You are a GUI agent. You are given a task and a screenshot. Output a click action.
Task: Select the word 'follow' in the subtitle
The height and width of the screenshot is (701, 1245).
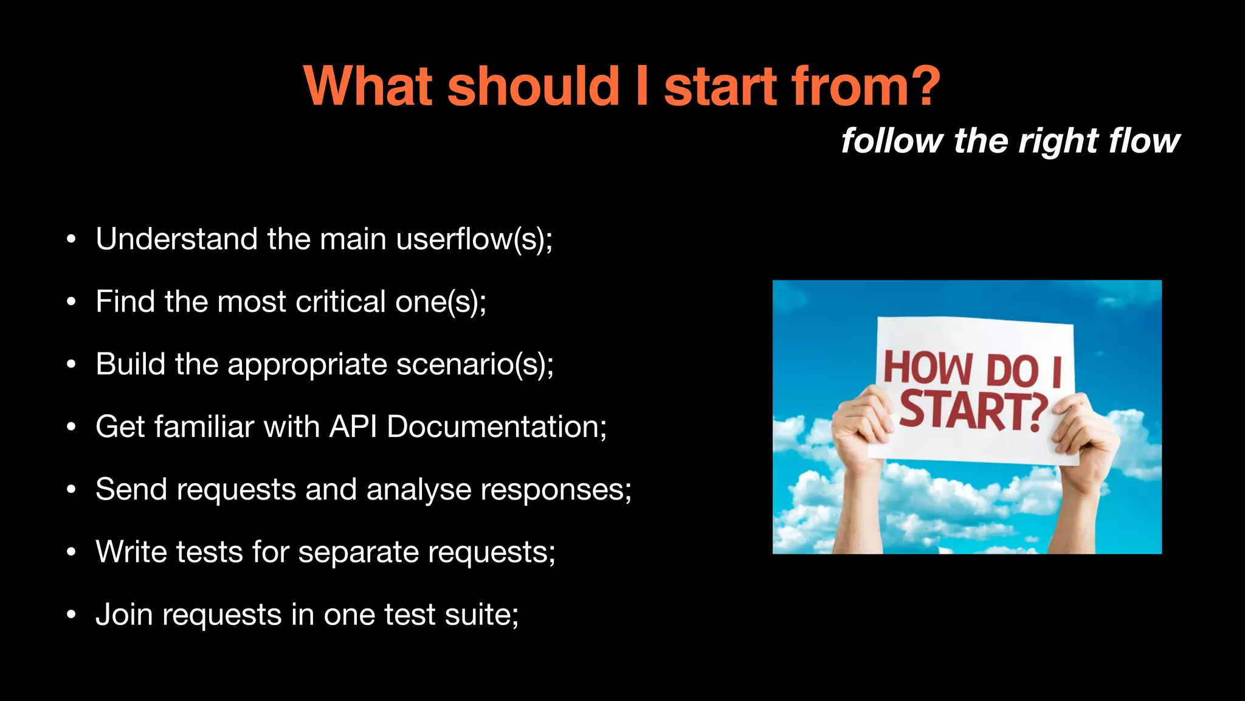click(x=892, y=141)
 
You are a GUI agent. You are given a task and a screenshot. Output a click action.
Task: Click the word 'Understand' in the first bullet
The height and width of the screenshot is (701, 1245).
click(x=176, y=239)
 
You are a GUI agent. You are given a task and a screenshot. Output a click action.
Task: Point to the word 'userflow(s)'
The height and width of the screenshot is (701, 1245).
click(x=473, y=239)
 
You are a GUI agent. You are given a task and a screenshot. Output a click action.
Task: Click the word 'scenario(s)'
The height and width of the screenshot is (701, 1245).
click(x=474, y=364)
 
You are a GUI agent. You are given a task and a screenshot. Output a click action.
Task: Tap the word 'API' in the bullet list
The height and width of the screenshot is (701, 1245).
click(x=353, y=427)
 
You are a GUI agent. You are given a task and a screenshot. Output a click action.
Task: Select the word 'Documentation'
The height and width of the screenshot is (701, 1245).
click(x=494, y=427)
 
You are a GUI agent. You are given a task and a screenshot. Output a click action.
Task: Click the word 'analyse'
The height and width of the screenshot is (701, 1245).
click(x=418, y=489)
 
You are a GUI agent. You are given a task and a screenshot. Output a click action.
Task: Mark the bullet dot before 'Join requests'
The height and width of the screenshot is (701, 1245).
click(x=71, y=615)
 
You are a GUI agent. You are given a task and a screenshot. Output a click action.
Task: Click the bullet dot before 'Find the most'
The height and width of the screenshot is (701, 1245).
click(x=71, y=302)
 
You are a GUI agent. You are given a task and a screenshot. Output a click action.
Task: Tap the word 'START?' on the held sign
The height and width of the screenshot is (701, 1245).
click(x=973, y=410)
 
